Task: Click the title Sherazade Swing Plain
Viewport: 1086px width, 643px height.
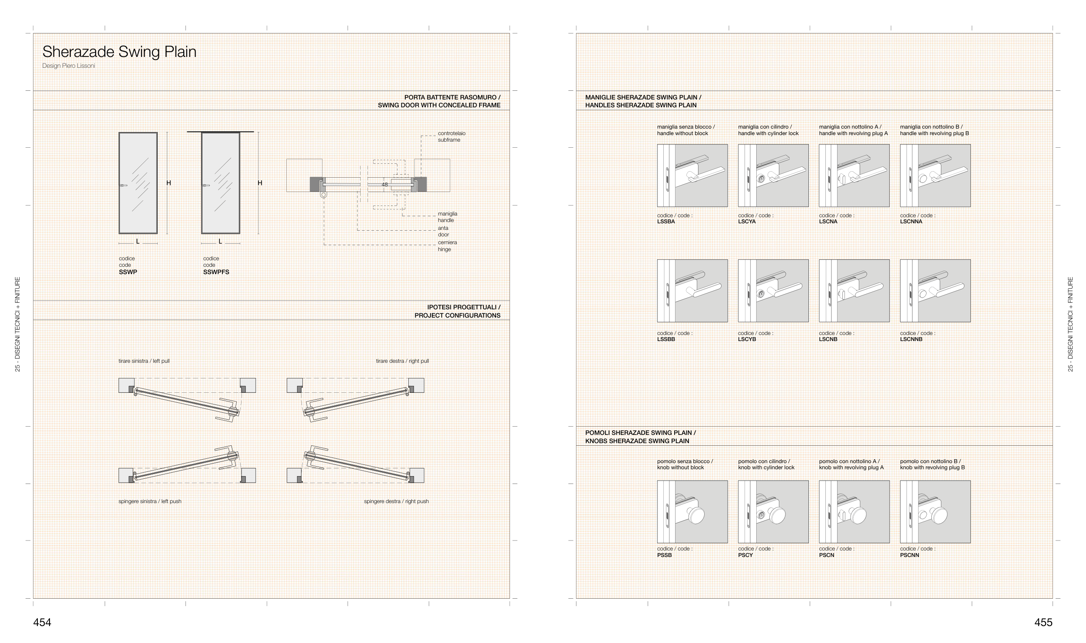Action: pyautogui.click(x=119, y=52)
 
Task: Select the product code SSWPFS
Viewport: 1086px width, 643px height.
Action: pyautogui.click(x=216, y=272)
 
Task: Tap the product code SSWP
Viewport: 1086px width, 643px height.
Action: pyautogui.click(x=128, y=272)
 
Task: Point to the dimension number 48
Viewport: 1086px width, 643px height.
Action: pyautogui.click(x=384, y=185)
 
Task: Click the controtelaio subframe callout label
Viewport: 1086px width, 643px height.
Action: pyautogui.click(x=451, y=136)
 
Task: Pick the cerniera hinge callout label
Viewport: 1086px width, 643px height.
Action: pyautogui.click(x=447, y=246)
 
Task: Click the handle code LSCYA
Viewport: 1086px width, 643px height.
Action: pyautogui.click(x=747, y=222)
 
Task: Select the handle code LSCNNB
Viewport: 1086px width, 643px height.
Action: pyautogui.click(x=911, y=339)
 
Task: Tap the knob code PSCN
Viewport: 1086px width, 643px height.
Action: pyautogui.click(x=827, y=555)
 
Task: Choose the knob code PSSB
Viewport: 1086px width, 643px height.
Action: pyautogui.click(x=664, y=555)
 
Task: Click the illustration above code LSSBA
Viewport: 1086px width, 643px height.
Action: pyautogui.click(x=692, y=176)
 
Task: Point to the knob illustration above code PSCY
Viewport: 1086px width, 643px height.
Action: pyautogui.click(x=773, y=512)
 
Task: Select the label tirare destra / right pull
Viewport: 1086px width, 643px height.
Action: pyautogui.click(x=402, y=361)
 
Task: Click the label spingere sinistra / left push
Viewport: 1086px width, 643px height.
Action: pyautogui.click(x=150, y=501)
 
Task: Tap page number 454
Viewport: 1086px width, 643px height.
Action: pyautogui.click(x=42, y=623)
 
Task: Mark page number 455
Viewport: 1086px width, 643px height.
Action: pyautogui.click(x=1043, y=623)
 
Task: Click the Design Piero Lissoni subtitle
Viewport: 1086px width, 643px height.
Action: pyautogui.click(x=69, y=66)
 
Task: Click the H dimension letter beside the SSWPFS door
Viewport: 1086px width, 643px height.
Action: pyautogui.click(x=260, y=183)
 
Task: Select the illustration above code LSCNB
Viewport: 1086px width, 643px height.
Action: pyautogui.click(x=854, y=291)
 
